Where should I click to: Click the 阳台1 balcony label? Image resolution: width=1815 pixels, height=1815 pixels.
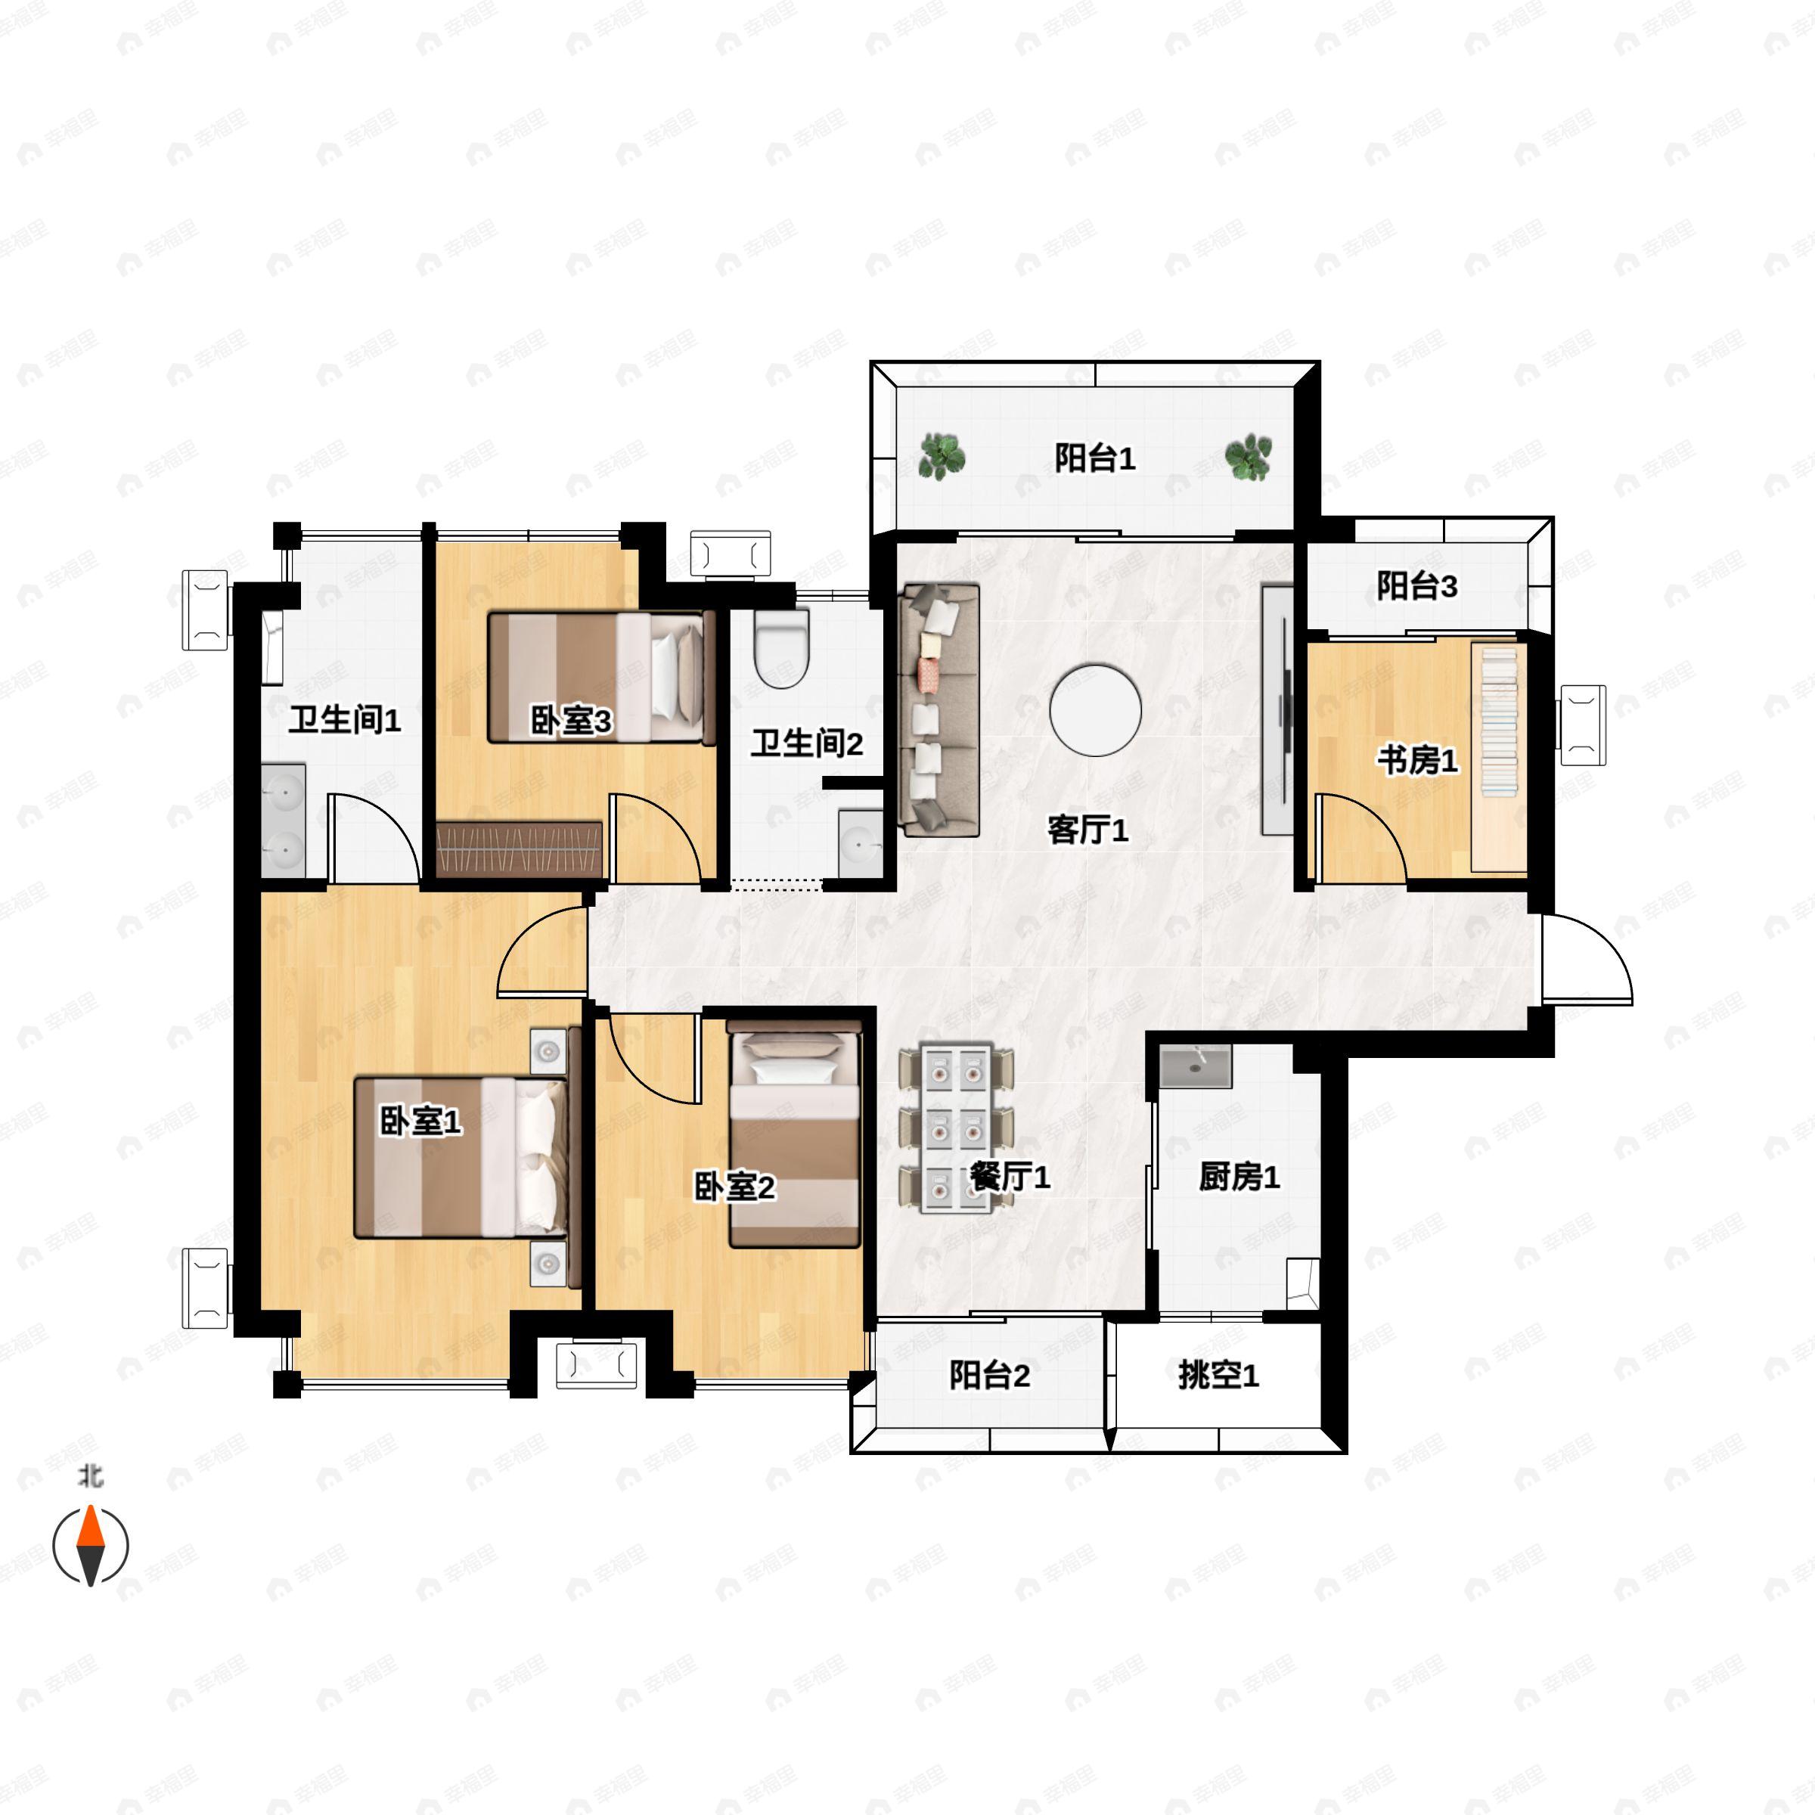[1094, 458]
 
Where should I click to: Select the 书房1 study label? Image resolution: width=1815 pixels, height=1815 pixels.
[1418, 760]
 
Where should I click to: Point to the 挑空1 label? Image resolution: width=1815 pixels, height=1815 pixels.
[1218, 1376]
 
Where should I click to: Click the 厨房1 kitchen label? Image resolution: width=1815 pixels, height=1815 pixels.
[1239, 1176]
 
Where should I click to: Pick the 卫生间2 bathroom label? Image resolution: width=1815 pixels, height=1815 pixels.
[806, 743]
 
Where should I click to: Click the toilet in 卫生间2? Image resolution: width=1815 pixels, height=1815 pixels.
[782, 648]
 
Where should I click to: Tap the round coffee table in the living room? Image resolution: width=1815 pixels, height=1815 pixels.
[1095, 710]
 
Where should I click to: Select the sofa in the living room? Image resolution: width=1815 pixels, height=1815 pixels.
[939, 709]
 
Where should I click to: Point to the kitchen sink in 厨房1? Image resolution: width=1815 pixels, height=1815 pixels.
[1195, 1068]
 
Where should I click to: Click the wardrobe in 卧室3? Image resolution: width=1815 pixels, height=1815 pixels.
[520, 849]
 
